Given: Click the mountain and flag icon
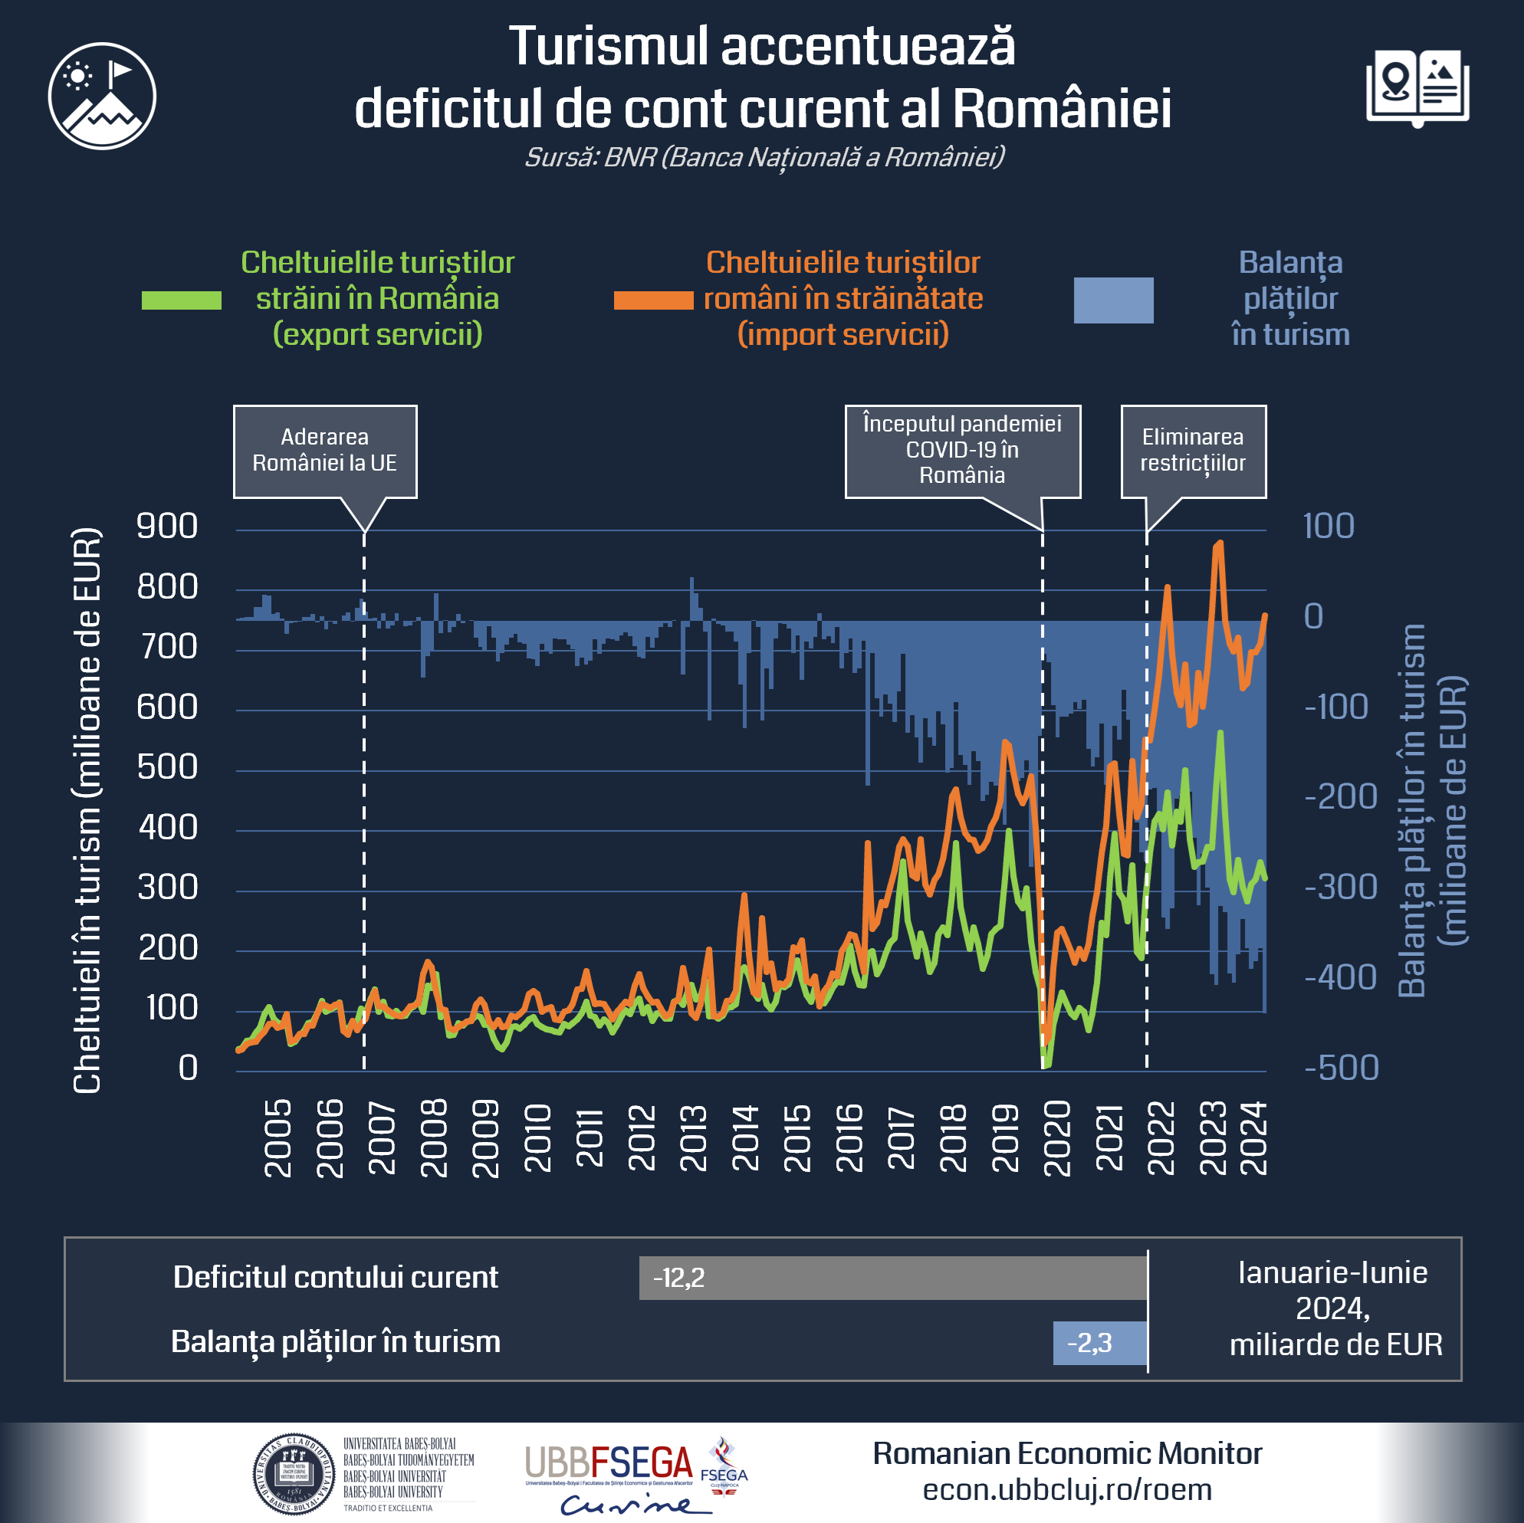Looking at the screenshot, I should click(x=102, y=97).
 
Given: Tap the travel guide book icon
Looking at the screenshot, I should click(x=1417, y=87).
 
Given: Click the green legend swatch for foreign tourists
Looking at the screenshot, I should click(x=182, y=300).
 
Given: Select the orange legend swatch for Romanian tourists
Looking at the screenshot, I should click(x=653, y=300).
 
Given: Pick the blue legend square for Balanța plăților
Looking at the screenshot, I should click(x=1113, y=300).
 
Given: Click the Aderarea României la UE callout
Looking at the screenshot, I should click(x=325, y=451).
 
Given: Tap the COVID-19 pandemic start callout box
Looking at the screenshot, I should click(x=962, y=451).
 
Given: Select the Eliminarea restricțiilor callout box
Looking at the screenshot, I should click(x=1193, y=451).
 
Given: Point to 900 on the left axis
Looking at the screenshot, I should click(x=167, y=526).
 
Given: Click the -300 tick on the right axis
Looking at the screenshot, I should click(x=1340, y=888).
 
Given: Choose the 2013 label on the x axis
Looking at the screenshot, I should click(x=695, y=1137).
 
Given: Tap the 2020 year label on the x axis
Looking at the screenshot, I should click(x=1058, y=1137).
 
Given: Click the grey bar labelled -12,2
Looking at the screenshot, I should click(x=892, y=1277).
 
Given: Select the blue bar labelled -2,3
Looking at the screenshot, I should click(x=1099, y=1342).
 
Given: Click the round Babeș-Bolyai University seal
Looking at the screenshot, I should click(x=294, y=1473).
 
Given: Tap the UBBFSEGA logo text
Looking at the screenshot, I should click(x=609, y=1463).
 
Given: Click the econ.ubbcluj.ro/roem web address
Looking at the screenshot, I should click(x=1067, y=1490).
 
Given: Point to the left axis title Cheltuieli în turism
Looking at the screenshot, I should click(x=87, y=810).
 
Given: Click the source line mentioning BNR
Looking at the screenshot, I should click(x=764, y=157).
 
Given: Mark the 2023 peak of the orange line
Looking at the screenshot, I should click(x=1220, y=543).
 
